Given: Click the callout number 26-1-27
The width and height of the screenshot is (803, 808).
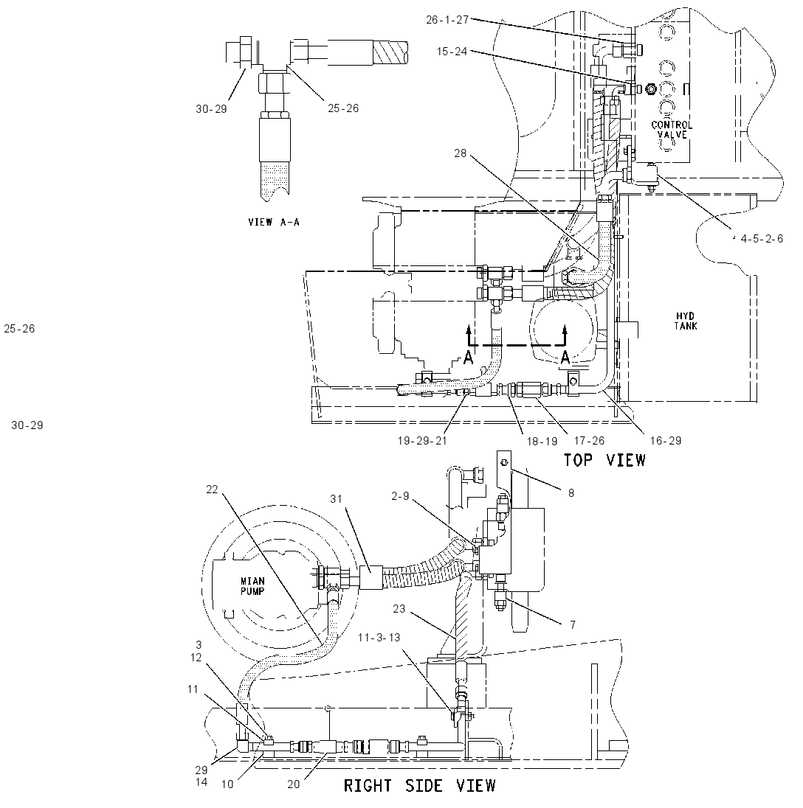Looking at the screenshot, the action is pyautogui.click(x=447, y=20).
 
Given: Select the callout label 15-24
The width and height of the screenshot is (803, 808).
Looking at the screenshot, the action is pyautogui.click(x=452, y=52).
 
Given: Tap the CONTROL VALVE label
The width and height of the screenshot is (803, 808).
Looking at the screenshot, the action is pyautogui.click(x=672, y=130).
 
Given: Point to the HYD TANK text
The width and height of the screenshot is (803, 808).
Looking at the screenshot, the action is pyautogui.click(x=685, y=321).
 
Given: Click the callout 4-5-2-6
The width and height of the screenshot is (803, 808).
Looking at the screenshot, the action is pyautogui.click(x=762, y=239).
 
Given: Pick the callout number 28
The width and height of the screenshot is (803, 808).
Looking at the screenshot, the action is pyautogui.click(x=460, y=153).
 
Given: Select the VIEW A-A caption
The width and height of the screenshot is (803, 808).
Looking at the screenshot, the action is pyautogui.click(x=273, y=222).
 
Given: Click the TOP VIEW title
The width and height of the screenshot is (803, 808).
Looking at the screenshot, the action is pyautogui.click(x=604, y=459).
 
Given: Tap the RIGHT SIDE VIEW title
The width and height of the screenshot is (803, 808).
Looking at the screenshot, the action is pyautogui.click(x=419, y=785).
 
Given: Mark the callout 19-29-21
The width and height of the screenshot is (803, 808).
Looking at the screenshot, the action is pyautogui.click(x=422, y=441).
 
